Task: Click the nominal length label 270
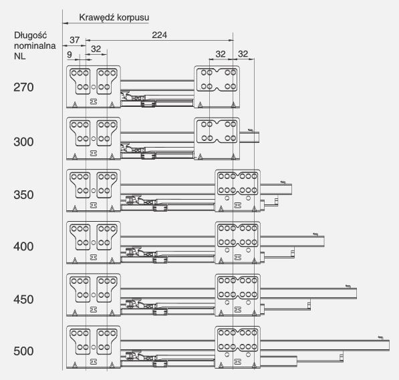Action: point(23,87)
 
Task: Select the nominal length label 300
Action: point(23,142)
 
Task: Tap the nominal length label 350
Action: point(23,195)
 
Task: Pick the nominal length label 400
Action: point(23,246)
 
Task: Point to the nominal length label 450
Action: point(23,299)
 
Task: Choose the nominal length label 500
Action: point(23,351)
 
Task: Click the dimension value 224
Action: point(159,35)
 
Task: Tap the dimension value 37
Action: point(75,40)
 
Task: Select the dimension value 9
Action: point(70,55)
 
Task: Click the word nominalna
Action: point(35,45)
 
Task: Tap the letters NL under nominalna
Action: point(20,56)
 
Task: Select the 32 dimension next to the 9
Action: point(96,49)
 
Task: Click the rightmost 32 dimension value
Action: point(243,54)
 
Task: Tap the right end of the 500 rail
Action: point(389,345)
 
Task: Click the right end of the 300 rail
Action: point(259,138)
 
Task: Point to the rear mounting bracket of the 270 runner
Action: point(217,87)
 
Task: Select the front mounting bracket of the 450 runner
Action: point(94,295)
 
